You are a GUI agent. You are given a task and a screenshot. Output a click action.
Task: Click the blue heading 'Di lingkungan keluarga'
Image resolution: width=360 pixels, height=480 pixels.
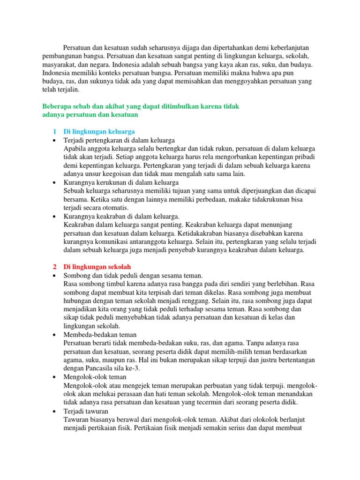click(x=99, y=132)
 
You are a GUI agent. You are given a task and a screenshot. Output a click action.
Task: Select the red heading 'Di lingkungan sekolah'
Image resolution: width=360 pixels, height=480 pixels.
click(x=97, y=267)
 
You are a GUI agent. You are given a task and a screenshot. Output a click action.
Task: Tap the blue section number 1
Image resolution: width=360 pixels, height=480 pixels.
click(x=54, y=132)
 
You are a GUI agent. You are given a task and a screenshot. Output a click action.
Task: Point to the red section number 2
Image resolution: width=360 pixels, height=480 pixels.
click(x=54, y=267)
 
